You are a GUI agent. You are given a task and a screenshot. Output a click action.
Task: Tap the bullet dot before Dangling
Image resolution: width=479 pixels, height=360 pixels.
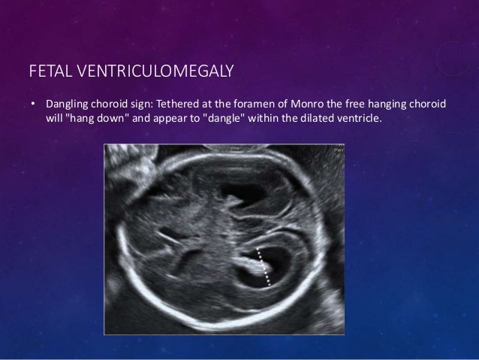pyautogui.click(x=32, y=103)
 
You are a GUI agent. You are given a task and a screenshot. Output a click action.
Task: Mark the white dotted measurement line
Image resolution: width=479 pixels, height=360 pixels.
pyautogui.click(x=264, y=267)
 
